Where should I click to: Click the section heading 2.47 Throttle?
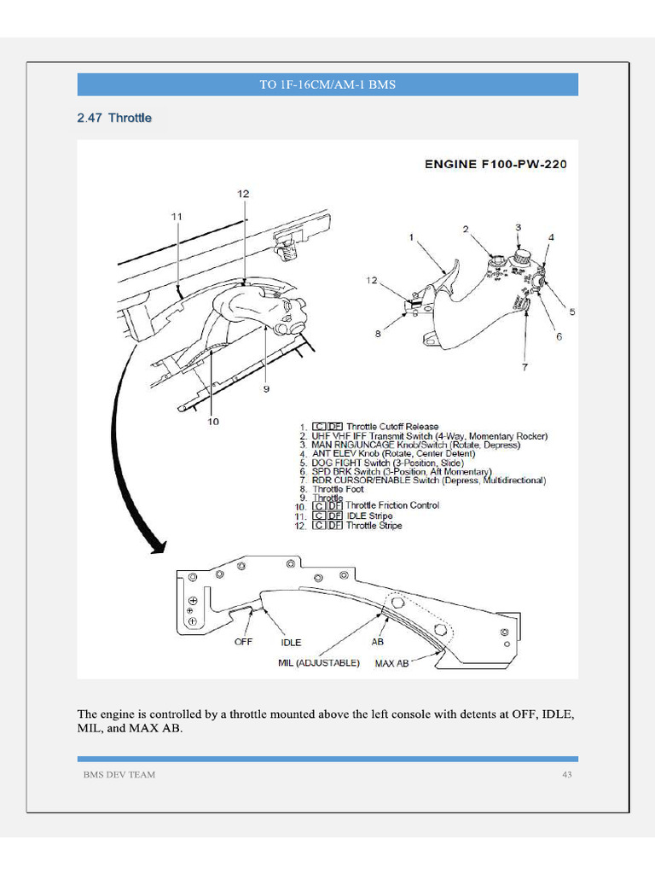114,118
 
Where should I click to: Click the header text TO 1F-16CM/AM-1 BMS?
327,84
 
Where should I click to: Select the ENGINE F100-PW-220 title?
496,163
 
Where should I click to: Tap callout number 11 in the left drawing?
177,217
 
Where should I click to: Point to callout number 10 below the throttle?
212,421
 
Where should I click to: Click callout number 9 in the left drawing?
266,389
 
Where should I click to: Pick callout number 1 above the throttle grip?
411,236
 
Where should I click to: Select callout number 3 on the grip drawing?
518,227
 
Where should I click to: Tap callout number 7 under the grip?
525,368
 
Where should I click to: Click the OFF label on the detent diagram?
244,641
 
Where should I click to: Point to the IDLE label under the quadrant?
292,642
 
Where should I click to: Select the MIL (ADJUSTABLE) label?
319,662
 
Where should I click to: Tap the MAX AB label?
392,662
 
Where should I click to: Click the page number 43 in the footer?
566,774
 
